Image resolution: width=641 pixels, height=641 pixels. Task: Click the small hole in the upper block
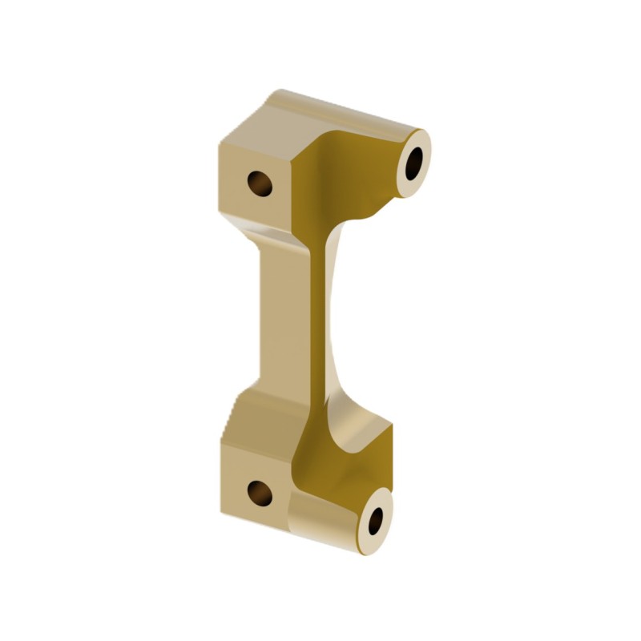[x=260, y=183]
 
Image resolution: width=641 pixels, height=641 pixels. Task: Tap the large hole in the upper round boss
[x=415, y=163]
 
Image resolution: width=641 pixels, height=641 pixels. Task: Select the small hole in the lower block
[x=260, y=492]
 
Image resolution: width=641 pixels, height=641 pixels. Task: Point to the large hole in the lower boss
[x=376, y=521]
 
